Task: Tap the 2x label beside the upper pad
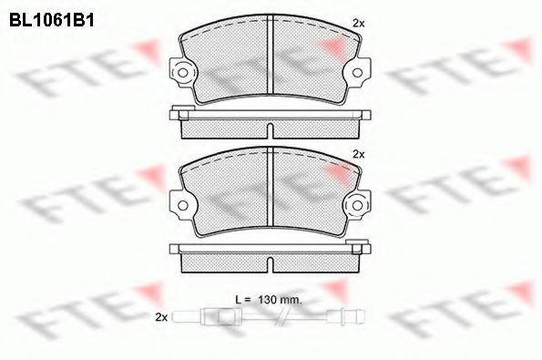click(358, 23)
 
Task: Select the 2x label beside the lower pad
click(358, 153)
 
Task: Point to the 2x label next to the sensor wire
click(162, 316)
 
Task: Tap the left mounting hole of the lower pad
click(185, 204)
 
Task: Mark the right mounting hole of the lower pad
click(357, 204)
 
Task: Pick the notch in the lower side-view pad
click(271, 262)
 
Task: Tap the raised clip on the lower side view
click(359, 243)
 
